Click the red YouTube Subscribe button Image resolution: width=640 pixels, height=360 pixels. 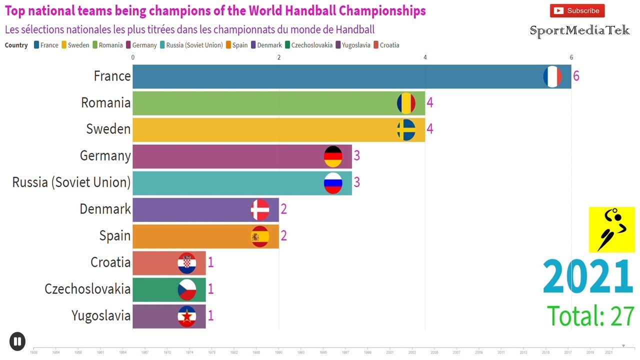click(x=577, y=10)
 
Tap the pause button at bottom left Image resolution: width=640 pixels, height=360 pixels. click(x=17, y=341)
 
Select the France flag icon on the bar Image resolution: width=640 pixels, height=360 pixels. click(x=552, y=76)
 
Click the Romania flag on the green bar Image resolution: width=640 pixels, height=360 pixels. click(x=406, y=103)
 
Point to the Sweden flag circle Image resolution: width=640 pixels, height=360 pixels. click(x=406, y=129)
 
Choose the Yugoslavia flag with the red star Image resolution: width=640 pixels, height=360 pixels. click(x=187, y=316)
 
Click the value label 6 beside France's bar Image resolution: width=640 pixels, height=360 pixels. click(x=576, y=76)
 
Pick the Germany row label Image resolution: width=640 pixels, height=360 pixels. click(x=105, y=156)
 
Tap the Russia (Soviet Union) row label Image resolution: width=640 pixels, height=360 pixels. click(x=71, y=182)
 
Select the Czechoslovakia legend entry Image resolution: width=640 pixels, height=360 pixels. click(x=308, y=45)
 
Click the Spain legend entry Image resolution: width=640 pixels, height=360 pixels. click(x=236, y=45)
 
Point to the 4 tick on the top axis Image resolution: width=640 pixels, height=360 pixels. click(x=425, y=57)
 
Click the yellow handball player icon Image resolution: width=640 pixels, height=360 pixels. click(x=611, y=229)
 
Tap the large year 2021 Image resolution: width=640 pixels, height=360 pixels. click(x=588, y=277)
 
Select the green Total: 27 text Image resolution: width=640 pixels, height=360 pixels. click(x=590, y=316)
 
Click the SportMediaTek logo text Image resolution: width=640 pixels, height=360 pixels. click(x=579, y=31)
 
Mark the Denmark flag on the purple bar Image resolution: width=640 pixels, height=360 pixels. click(x=260, y=209)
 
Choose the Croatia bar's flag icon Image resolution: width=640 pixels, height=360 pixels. click(x=187, y=263)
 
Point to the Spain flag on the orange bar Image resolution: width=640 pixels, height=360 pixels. click(x=260, y=236)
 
